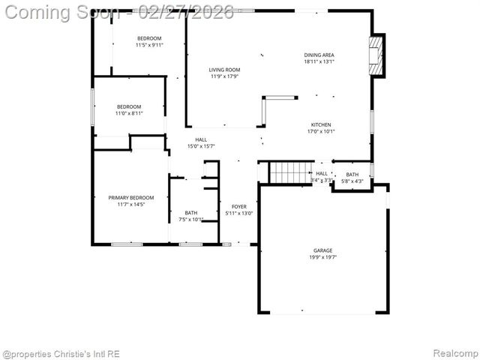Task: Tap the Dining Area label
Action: click(319, 55)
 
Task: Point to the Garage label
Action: click(323, 250)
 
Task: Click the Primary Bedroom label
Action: click(126, 197)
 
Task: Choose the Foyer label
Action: click(239, 206)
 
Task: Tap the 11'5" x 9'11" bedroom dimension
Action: click(149, 45)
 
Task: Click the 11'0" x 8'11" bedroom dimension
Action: click(129, 113)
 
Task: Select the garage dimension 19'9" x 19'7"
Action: click(323, 257)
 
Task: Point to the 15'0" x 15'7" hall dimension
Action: click(201, 146)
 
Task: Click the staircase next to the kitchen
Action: click(289, 173)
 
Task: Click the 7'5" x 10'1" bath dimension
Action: click(191, 220)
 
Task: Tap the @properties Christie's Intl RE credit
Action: click(61, 353)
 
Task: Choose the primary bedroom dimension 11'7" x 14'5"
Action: click(126, 204)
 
